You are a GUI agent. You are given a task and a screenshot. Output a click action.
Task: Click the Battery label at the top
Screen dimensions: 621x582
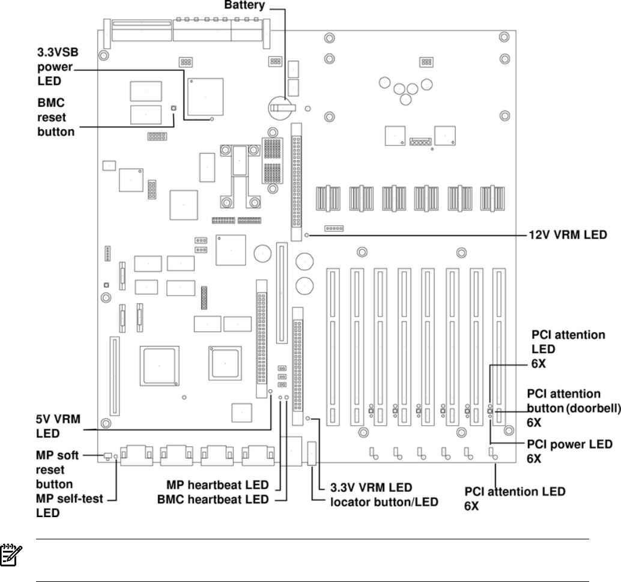point(244,5)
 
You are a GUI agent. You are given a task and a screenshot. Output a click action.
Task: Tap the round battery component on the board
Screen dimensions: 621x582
point(282,108)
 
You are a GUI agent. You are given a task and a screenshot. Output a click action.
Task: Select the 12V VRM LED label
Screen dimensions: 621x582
point(568,235)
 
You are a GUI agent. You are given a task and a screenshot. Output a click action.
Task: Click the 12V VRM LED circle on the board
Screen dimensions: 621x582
point(306,235)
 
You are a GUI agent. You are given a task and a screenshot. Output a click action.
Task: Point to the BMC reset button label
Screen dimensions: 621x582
point(56,117)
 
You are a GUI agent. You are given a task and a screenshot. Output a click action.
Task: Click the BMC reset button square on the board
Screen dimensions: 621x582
point(173,108)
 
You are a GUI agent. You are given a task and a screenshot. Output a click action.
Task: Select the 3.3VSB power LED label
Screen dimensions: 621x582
point(58,67)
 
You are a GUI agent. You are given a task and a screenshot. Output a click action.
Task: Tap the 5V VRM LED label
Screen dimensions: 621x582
point(58,426)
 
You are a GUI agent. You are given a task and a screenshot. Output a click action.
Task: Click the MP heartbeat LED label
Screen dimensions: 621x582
point(217,485)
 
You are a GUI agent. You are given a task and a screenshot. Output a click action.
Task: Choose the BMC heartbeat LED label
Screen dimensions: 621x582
point(213,499)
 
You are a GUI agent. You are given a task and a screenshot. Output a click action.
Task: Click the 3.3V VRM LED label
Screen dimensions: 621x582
point(371,487)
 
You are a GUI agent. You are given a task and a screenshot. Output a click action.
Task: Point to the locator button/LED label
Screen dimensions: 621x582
point(384,502)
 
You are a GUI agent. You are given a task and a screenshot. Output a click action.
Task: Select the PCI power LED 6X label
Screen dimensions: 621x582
point(569,451)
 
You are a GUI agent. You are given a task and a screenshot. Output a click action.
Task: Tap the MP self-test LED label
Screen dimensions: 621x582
point(69,506)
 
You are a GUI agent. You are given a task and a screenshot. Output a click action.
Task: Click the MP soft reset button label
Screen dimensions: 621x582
point(58,470)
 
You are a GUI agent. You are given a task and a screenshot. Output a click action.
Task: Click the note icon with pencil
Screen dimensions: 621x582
point(11,555)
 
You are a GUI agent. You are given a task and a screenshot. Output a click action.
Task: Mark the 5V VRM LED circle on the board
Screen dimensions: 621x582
point(270,391)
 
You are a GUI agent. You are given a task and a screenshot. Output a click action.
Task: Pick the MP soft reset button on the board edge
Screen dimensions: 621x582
point(108,456)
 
